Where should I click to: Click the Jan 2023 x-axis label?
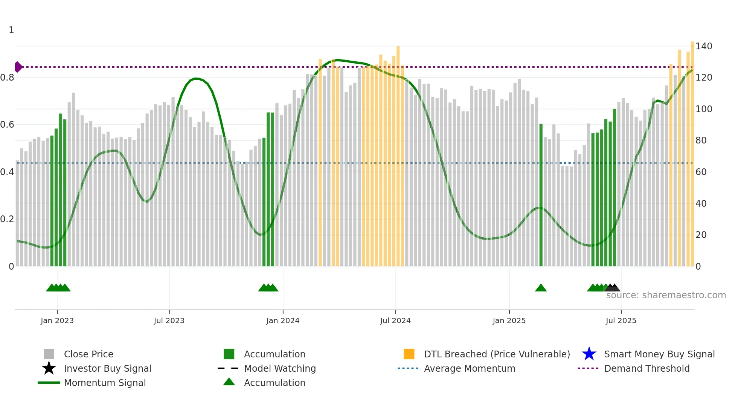(57, 321)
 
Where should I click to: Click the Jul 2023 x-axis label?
(169, 321)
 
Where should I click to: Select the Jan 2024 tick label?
(283, 321)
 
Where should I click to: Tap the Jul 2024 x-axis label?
(395, 321)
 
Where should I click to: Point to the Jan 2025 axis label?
(509, 321)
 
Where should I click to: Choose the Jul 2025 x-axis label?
(621, 321)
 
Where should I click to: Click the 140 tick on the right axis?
(704, 46)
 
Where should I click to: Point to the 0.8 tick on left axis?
(8, 78)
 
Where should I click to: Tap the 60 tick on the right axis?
(701, 172)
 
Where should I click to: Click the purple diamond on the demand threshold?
(18, 67)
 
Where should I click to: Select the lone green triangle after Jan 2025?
(541, 288)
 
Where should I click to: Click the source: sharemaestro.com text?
(666, 295)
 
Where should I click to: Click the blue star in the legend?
(589, 354)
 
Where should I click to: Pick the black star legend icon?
(49, 368)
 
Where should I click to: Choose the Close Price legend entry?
(88, 354)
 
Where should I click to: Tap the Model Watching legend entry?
(280, 368)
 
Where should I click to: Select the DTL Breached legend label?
(497, 354)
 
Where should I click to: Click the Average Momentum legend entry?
(470, 368)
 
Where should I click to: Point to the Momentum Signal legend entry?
(105, 383)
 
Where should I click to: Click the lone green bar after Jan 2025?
(541, 196)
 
